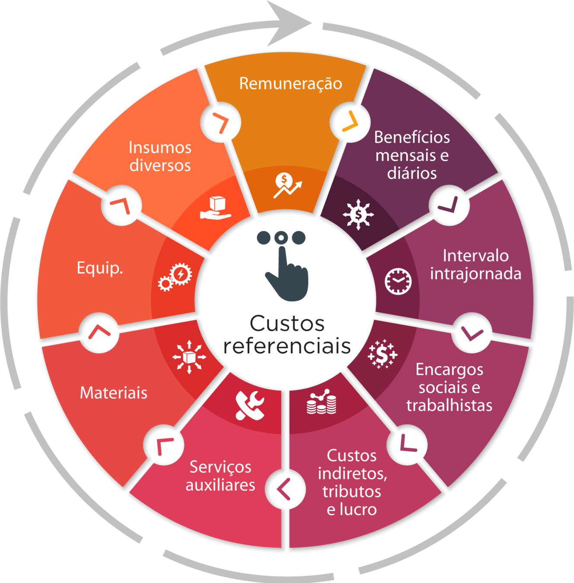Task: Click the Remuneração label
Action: coord(290,84)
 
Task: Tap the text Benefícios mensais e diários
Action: coord(412,155)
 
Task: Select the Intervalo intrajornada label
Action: coord(475,265)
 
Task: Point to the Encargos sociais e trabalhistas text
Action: coord(449,387)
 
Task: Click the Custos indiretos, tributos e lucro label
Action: coord(352,482)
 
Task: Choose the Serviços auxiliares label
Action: coord(220,476)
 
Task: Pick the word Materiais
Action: coord(114,393)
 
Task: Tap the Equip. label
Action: coord(100,268)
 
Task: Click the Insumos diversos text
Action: coord(160,156)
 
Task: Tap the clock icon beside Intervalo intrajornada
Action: coord(398,281)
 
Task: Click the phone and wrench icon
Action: coord(250,405)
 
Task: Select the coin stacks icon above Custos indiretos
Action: coord(322,402)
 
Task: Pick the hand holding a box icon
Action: coord(216,208)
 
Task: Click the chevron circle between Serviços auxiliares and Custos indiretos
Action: coord(285,489)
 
